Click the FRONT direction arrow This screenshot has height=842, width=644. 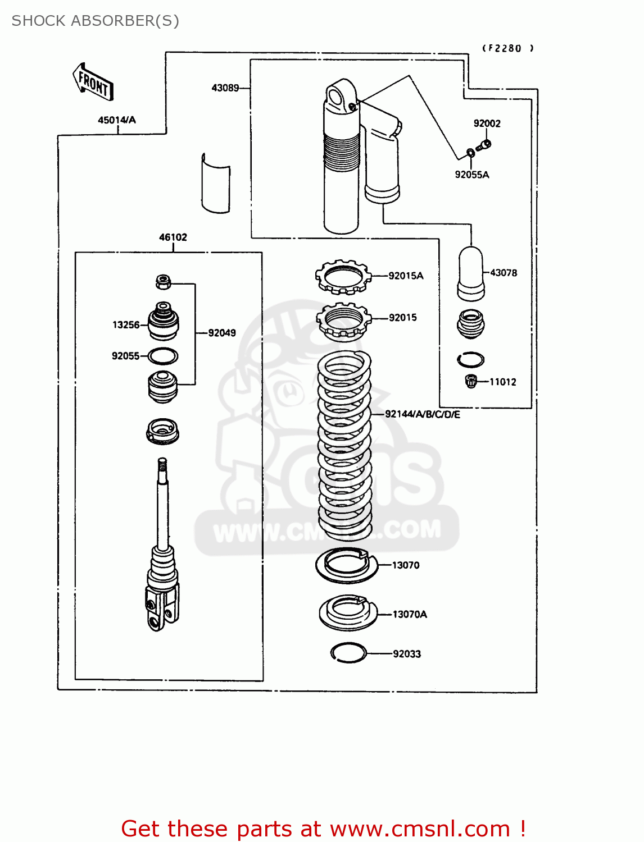(x=93, y=83)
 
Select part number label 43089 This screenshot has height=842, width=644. (x=225, y=88)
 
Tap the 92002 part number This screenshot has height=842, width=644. (x=487, y=123)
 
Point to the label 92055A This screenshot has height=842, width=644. (x=472, y=175)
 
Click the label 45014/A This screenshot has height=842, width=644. (x=117, y=120)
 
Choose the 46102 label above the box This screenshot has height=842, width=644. (x=173, y=237)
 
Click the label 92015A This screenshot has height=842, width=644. (x=406, y=276)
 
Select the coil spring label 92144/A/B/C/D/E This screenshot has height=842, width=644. (x=423, y=414)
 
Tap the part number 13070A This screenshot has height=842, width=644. (x=410, y=615)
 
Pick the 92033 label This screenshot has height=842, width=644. (x=407, y=654)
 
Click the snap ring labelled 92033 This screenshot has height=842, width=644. (x=349, y=652)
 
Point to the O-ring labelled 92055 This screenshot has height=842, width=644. (x=164, y=356)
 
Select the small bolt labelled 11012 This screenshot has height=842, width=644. (x=471, y=382)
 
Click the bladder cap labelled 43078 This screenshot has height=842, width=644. (x=471, y=273)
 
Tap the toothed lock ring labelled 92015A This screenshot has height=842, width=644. (x=343, y=276)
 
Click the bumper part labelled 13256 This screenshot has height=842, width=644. (x=164, y=322)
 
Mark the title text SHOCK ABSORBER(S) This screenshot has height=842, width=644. (x=96, y=21)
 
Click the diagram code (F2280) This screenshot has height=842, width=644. (x=508, y=48)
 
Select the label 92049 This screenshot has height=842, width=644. (x=222, y=333)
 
